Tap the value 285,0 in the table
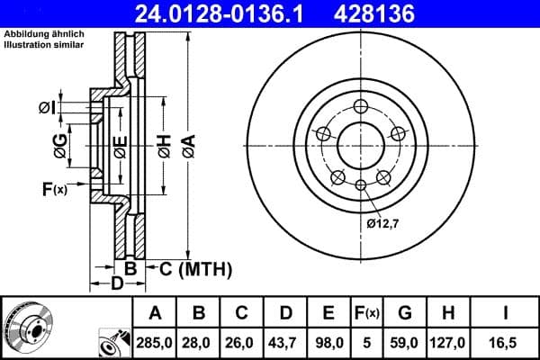point(155,342)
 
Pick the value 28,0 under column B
point(199,342)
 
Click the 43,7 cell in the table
point(285,342)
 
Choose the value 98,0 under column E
point(328,342)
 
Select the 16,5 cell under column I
point(507,342)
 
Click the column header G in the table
point(404,313)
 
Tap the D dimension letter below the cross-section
point(116,284)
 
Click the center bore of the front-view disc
point(360,144)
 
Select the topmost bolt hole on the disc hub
point(360,104)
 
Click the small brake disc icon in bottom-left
point(27,326)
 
